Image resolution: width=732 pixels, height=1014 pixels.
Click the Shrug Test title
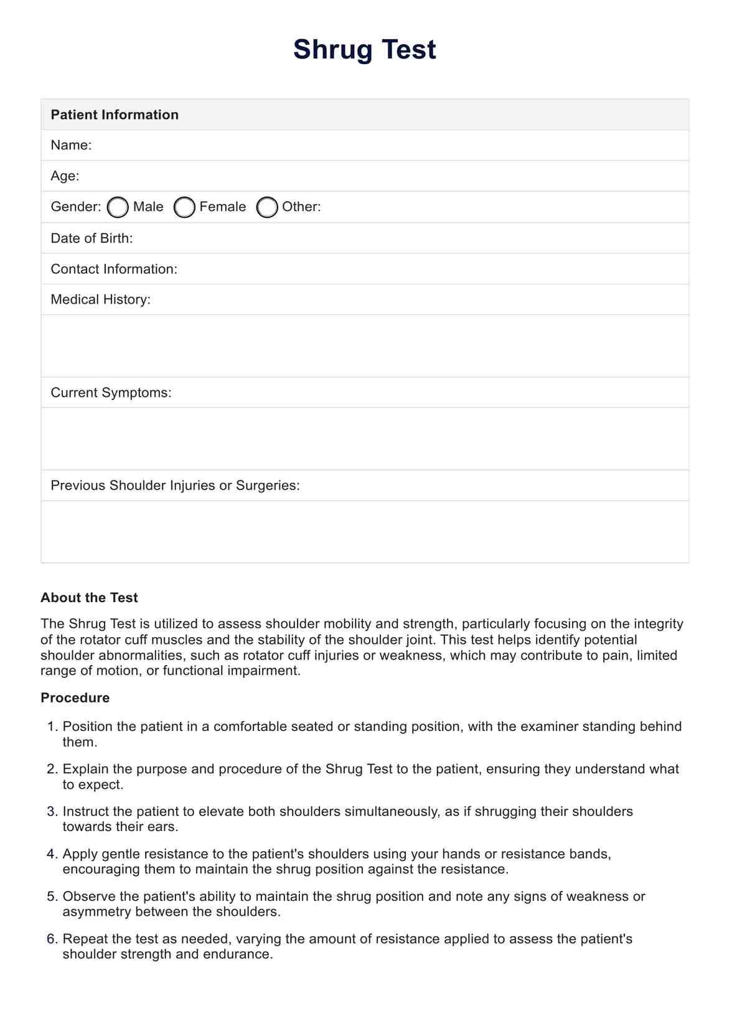(x=364, y=50)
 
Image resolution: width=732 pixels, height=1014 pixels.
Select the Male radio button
(x=118, y=207)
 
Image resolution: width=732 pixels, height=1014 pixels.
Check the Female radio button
(x=184, y=207)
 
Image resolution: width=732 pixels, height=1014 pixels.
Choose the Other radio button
(x=267, y=207)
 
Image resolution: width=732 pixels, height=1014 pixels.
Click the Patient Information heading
(x=115, y=114)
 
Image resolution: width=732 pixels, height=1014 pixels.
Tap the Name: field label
(x=71, y=145)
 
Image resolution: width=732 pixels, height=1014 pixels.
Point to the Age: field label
(x=65, y=176)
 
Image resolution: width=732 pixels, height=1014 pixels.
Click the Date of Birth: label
(x=91, y=238)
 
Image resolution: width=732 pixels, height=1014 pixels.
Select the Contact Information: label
(x=114, y=269)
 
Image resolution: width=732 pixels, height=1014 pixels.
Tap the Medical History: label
(x=100, y=299)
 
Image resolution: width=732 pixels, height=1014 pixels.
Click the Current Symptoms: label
(x=111, y=393)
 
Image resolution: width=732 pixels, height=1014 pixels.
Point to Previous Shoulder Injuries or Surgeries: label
(x=175, y=485)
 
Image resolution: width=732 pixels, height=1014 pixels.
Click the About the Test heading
(x=89, y=598)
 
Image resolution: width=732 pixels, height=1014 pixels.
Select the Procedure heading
(x=75, y=698)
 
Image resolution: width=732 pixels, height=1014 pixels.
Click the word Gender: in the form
(x=75, y=207)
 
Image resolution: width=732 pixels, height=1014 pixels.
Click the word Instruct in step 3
(x=84, y=812)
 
